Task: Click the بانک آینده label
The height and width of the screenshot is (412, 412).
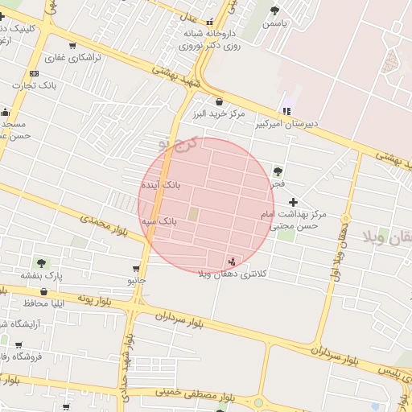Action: [163, 185]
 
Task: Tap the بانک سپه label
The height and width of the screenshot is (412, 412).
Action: [160, 220]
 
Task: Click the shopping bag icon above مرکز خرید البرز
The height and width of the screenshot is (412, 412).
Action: [220, 101]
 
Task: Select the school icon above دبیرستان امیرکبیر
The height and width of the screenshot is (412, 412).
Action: [286, 110]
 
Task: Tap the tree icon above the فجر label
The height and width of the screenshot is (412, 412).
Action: [278, 171]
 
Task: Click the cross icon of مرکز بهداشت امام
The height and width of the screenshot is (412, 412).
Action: [293, 201]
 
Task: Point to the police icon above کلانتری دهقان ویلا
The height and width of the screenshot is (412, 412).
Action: [233, 260]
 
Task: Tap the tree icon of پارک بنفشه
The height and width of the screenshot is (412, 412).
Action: [41, 263]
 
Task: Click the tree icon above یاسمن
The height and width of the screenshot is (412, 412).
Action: [275, 10]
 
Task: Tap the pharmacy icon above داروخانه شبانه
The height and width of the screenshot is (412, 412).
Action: [210, 22]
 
